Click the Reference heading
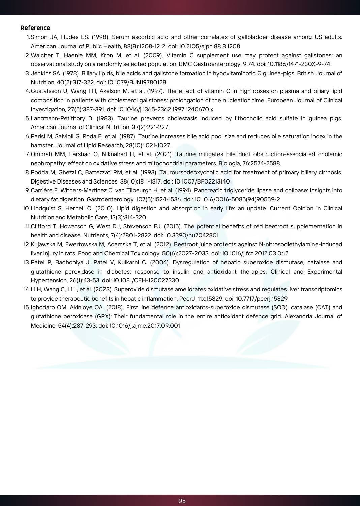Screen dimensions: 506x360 coord(35,28)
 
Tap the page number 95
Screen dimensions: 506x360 coord(182,501)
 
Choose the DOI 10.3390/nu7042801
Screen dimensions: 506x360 coord(191,235)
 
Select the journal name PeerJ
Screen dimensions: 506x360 coord(187,299)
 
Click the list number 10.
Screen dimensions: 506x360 coord(26,208)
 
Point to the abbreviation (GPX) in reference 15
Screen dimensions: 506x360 coord(103,316)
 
